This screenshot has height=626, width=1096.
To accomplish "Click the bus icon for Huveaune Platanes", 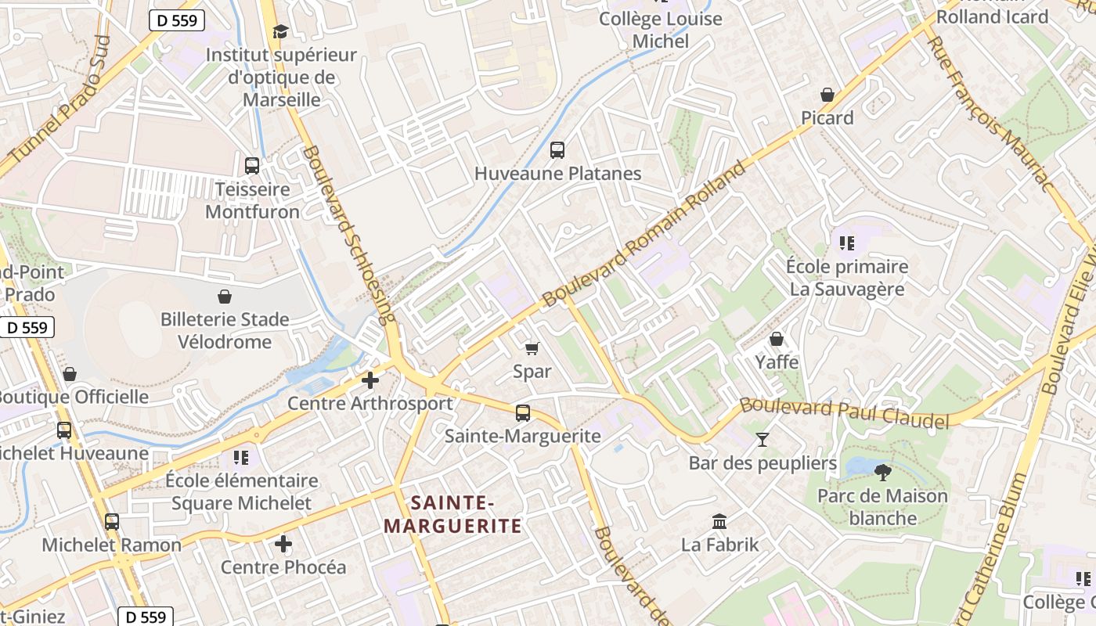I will pos(557,149).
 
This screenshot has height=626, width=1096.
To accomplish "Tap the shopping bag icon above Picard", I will pos(827,95).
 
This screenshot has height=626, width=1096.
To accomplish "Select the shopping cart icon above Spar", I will pos(532,348).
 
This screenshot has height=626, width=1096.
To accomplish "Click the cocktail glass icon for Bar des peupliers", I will pos(763,440).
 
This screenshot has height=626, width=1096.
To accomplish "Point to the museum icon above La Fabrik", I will pos(719,521).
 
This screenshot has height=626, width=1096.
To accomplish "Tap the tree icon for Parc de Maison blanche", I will pos(882,472).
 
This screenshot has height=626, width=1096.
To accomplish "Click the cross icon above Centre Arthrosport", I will pos(370,380).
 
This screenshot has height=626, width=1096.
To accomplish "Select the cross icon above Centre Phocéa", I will pos(283,543).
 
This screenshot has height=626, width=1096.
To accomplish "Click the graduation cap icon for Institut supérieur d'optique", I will pos(280,31).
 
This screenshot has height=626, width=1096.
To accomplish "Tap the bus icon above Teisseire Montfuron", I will pos(252,165).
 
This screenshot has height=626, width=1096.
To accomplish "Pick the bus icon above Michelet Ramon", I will pos(112,521).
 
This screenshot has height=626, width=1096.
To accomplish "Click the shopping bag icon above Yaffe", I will pos(777,339).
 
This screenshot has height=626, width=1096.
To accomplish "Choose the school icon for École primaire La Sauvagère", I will pos(846,243).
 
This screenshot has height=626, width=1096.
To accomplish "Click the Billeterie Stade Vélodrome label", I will pos(225,330).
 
